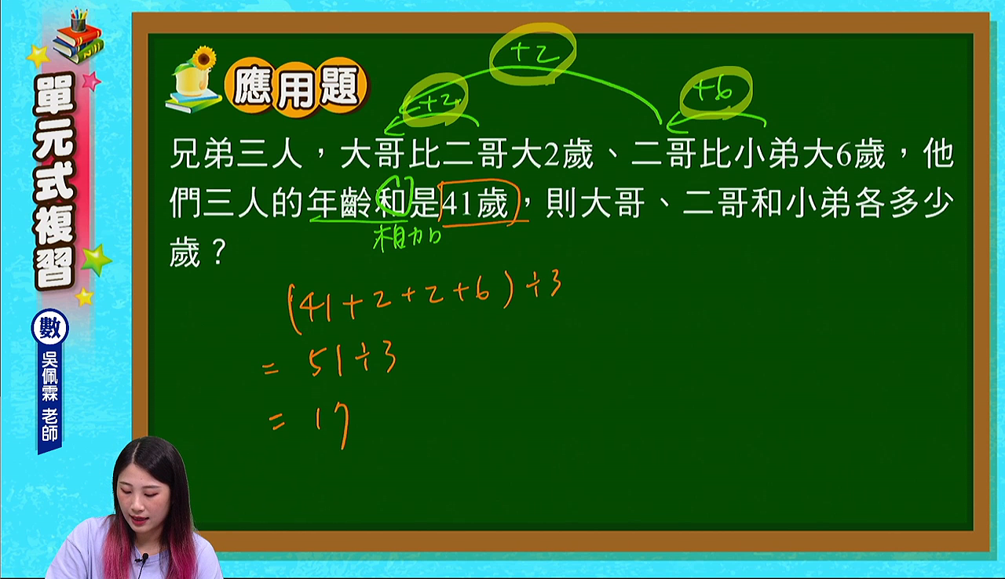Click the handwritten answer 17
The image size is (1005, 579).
pyautogui.click(x=332, y=425)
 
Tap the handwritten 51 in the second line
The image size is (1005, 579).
pyautogui.click(x=326, y=362)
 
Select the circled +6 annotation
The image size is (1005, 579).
pyautogui.click(x=716, y=93)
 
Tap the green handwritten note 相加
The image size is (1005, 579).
pyautogui.click(x=407, y=238)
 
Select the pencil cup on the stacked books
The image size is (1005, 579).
pyautogui.click(x=79, y=20)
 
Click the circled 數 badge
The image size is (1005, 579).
pyautogui.click(x=49, y=328)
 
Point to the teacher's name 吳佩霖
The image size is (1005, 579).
pyautogui.click(x=49, y=377)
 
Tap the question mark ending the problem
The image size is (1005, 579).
pyautogui.click(x=219, y=253)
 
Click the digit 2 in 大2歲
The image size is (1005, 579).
pyautogui.click(x=551, y=155)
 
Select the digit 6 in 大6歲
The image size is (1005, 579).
pyautogui.click(x=843, y=155)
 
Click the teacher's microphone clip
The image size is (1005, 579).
pyautogui.click(x=144, y=558)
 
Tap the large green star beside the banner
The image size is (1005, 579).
pyautogui.click(x=96, y=259)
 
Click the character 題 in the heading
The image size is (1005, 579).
pyautogui.click(x=340, y=87)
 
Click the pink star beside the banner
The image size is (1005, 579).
pyautogui.click(x=92, y=81)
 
